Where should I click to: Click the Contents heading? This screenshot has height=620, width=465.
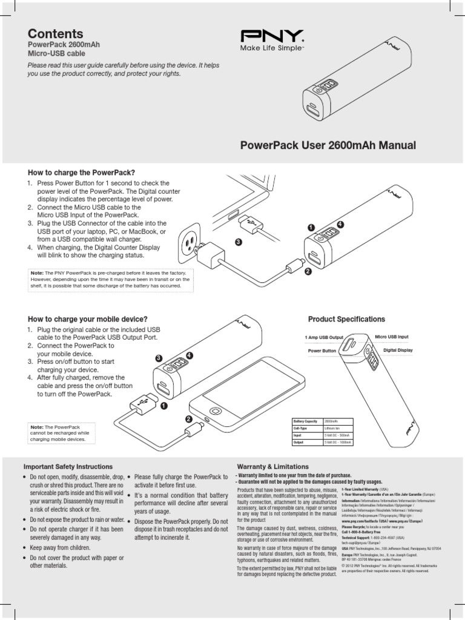coord(56,34)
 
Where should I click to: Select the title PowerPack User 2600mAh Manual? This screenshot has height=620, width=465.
coord(329,145)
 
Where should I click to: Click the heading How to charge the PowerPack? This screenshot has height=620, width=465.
coord(81,173)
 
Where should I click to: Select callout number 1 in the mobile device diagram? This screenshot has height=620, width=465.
coord(163,407)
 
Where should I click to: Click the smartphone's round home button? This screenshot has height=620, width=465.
coord(207,419)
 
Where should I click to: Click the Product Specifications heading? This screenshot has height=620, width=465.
coord(346,319)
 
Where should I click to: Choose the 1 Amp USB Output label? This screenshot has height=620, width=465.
coord(325,337)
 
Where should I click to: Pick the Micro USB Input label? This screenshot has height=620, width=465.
coord(392,337)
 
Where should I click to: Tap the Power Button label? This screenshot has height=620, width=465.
coord(322,351)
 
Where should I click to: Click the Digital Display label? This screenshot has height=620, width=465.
coord(398,350)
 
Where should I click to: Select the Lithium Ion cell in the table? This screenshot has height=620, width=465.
coord(334,427)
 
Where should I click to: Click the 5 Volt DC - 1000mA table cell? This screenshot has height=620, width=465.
coord(337,443)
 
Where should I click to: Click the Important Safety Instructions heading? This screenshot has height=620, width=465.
coord(68,467)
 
